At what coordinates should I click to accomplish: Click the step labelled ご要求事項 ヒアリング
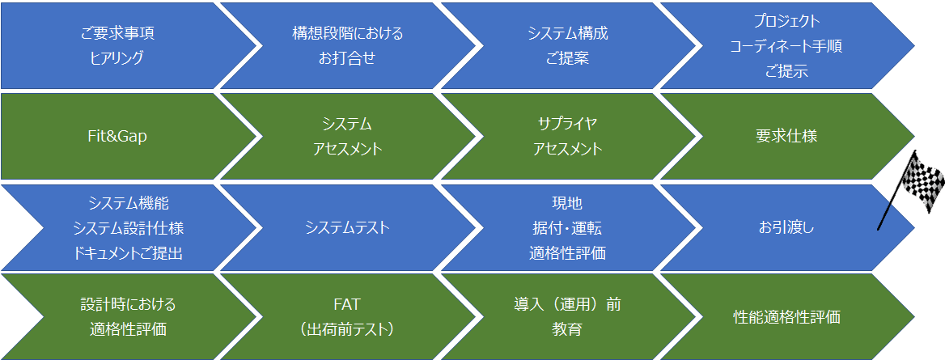coord(117,45)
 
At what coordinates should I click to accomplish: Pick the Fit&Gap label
coord(117,136)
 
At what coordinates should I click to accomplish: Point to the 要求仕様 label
coord(786,136)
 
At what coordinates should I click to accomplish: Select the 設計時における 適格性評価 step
coord(128,316)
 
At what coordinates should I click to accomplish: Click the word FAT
coord(346,304)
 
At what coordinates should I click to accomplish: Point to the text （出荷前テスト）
coord(346,330)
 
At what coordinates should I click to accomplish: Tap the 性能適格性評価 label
coord(786,317)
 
